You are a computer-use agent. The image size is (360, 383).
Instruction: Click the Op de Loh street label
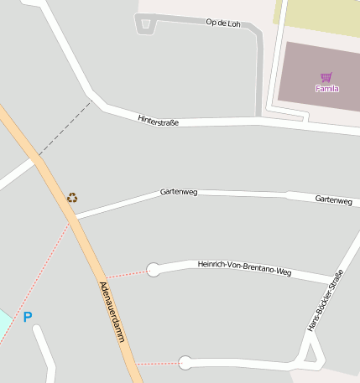coord(222,23)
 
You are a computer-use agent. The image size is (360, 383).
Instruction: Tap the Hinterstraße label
coord(158,121)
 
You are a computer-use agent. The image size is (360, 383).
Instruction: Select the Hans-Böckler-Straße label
coord(325,301)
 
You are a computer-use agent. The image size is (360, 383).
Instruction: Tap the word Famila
coord(326,88)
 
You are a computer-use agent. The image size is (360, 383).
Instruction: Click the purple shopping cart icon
coord(326,77)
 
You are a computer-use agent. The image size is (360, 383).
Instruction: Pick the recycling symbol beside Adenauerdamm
coord(72,198)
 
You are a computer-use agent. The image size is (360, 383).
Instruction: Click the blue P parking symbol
coord(28,317)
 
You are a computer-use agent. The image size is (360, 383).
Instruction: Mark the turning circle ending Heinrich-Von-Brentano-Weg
coord(153,269)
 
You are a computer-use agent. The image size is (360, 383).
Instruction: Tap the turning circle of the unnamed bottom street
coord(185,363)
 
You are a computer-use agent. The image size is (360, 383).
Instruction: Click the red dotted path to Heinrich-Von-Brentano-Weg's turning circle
coord(126,273)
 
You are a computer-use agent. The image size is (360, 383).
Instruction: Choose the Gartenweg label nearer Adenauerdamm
coord(178,192)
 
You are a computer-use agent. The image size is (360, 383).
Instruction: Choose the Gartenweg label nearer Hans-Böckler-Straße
coord(333,199)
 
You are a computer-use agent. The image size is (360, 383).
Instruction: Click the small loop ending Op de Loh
coord(145,23)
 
